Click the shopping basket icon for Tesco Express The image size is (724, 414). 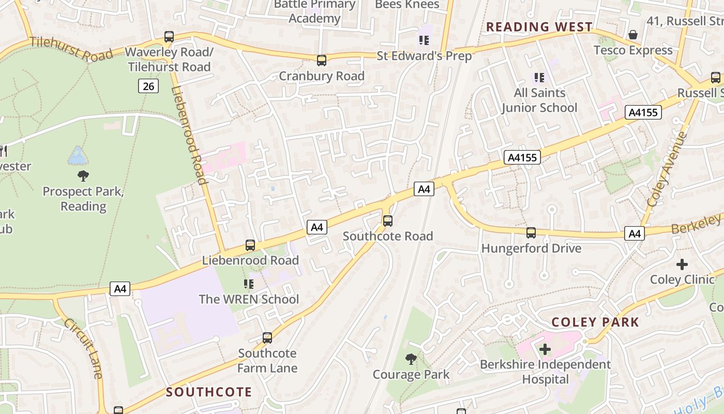[632, 35]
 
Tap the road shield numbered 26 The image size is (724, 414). [148, 86]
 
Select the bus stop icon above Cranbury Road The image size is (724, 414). [322, 61]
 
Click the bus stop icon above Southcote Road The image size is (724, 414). [388, 221]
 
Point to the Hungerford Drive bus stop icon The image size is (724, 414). [531, 233]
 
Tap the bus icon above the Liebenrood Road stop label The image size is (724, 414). [250, 245]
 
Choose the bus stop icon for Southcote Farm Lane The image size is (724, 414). [267, 338]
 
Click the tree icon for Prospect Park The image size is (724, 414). [83, 176]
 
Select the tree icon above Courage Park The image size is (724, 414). [411, 359]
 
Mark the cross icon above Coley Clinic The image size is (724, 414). [682, 264]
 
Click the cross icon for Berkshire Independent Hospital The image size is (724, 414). [545, 349]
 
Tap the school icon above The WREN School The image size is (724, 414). [249, 284]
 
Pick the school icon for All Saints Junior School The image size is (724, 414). [539, 78]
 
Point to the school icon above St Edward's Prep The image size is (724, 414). [424, 40]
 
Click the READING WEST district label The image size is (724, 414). [539, 27]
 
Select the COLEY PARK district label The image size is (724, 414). [595, 322]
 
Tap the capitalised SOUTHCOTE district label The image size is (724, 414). [209, 392]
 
